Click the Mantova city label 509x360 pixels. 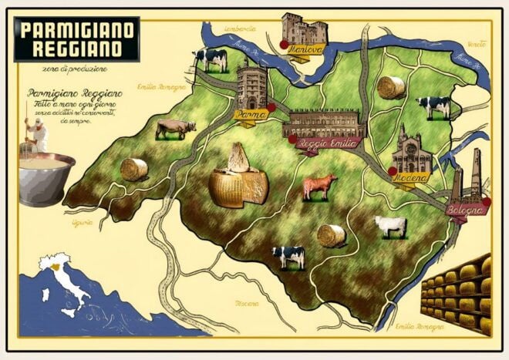302,51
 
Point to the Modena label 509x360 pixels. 412,179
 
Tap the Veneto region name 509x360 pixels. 477,45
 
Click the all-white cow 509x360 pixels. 390,225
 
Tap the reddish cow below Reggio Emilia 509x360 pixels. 319,186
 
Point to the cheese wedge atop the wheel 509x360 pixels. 239,158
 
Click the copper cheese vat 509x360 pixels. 46,179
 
